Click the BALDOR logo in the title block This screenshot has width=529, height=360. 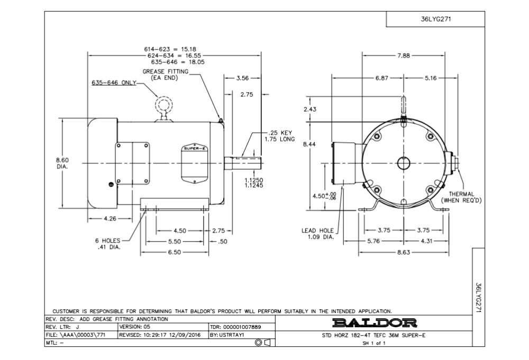pos(374,322)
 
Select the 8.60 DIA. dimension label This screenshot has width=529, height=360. pos(62,163)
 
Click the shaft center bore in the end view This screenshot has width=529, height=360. pos(404,163)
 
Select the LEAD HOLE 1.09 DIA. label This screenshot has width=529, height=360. pos(317,234)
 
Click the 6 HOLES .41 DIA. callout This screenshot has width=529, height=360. pos(108,244)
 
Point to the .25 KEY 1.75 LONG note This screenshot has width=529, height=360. pos(279,136)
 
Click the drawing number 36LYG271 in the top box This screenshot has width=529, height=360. pos(435,19)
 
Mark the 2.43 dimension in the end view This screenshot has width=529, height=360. pos(310,109)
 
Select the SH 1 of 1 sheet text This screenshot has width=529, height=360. pos(374,343)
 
